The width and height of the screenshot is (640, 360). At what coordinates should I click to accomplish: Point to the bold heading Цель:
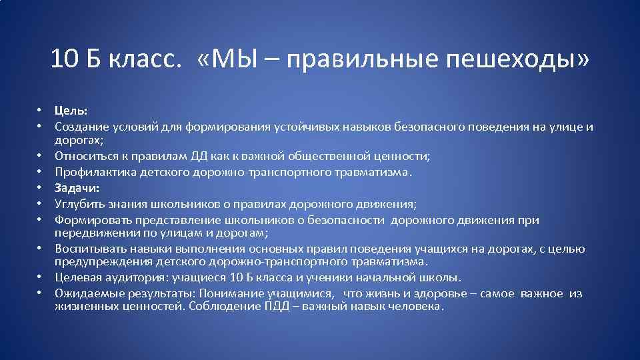(71, 111)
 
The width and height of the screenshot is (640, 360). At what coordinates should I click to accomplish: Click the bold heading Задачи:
(77, 188)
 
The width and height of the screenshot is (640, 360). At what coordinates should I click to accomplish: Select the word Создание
(81, 127)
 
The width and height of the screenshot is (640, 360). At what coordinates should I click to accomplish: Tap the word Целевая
(79, 278)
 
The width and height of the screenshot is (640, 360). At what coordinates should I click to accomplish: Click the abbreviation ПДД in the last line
(277, 307)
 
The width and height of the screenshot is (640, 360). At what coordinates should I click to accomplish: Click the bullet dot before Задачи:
(41, 189)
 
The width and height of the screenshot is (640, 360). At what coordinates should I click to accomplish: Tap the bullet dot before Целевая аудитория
(41, 278)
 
